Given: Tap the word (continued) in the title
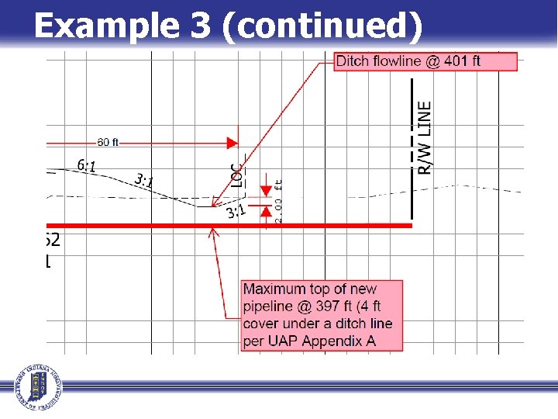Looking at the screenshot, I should pyautogui.click(x=322, y=26).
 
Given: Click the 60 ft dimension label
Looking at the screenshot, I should pyautogui.click(x=108, y=142).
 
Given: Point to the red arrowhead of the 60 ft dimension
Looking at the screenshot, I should pyautogui.click(x=232, y=143).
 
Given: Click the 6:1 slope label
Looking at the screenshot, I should pyautogui.click(x=87, y=165).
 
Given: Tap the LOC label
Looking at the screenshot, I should pyautogui.click(x=237, y=174).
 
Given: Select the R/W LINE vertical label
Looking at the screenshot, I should pyautogui.click(x=425, y=138).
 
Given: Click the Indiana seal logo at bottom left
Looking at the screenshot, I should pyautogui.click(x=35, y=386).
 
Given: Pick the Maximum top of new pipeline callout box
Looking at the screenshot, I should pyautogui.click(x=322, y=315).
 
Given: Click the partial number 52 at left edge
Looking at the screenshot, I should pyautogui.click(x=53, y=240).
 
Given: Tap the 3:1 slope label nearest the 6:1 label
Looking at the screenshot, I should pyautogui.click(x=144, y=182).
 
